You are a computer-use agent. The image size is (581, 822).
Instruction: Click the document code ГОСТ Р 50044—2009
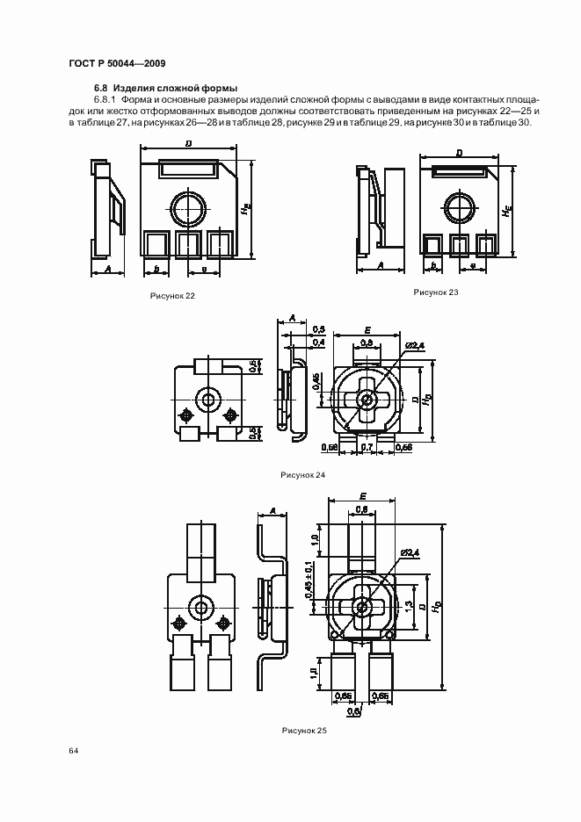[116, 62]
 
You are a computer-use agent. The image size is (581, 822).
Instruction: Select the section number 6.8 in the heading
[99, 89]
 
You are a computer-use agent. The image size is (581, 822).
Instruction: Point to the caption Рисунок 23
[437, 292]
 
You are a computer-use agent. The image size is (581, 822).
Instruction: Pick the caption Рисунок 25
[304, 730]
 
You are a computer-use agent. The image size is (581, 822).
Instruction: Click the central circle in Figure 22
[189, 210]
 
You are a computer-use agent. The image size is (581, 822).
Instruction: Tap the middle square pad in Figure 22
[189, 243]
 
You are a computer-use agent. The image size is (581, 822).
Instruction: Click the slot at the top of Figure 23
[460, 174]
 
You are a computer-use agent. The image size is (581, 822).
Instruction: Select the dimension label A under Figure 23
[381, 264]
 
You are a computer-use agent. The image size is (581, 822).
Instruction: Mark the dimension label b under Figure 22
[156, 268]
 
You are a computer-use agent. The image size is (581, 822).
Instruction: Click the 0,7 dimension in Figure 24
[367, 448]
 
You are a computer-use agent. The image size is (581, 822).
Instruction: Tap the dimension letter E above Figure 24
[365, 330]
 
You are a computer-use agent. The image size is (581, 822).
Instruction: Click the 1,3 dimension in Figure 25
[409, 605]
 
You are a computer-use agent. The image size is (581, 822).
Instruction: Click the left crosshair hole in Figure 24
[185, 415]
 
